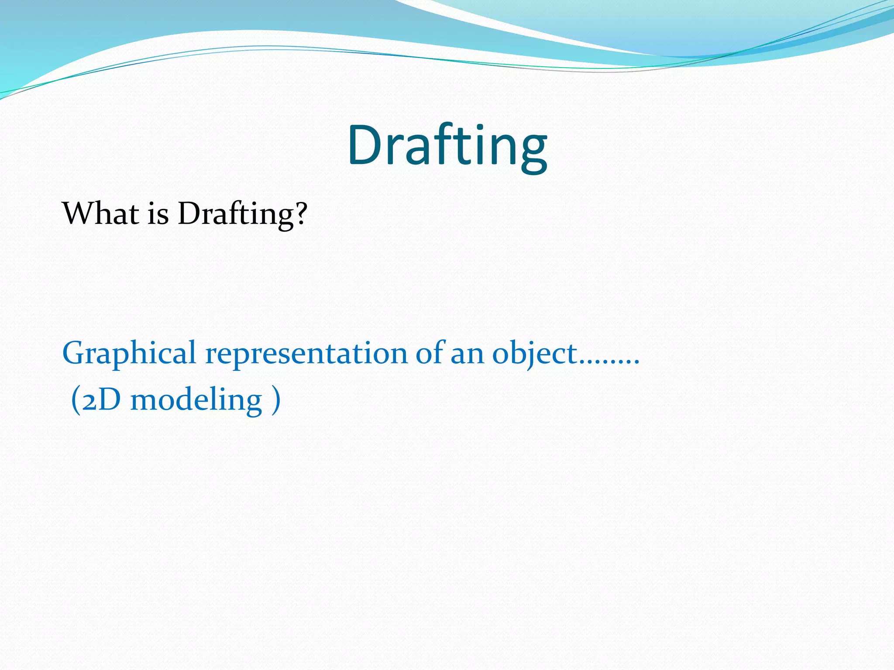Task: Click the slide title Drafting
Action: (x=447, y=146)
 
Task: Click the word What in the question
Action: (x=100, y=214)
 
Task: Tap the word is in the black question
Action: (x=158, y=215)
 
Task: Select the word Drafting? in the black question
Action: (x=243, y=215)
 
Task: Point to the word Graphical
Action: (x=129, y=353)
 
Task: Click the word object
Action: (x=535, y=353)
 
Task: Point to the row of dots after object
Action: (x=609, y=362)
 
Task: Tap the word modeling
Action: (x=196, y=400)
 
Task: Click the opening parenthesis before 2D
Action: (x=76, y=400)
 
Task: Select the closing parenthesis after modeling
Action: (x=275, y=400)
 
